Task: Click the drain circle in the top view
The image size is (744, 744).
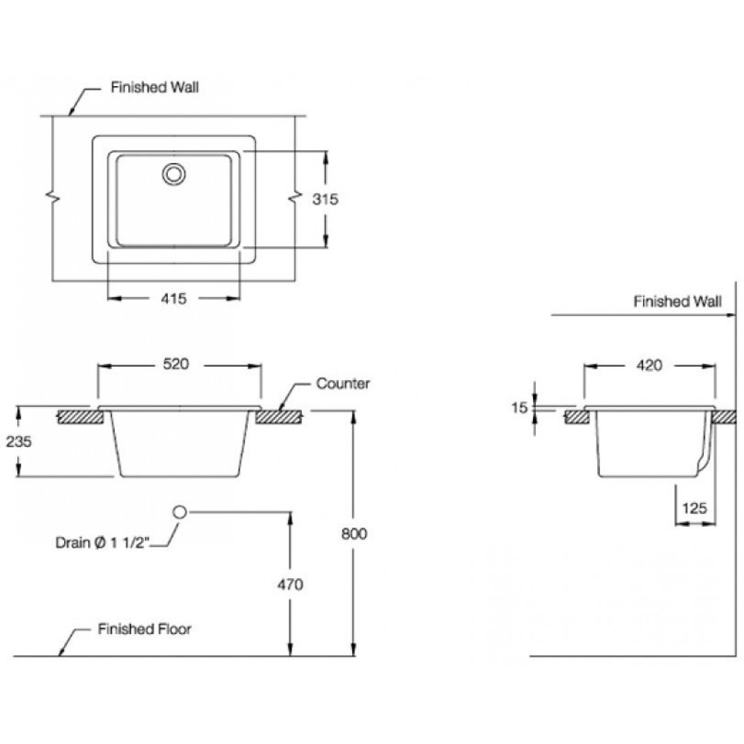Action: pyautogui.click(x=174, y=173)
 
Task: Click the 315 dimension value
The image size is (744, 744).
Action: pyautogui.click(x=326, y=199)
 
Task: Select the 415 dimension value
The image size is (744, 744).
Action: pyautogui.click(x=175, y=298)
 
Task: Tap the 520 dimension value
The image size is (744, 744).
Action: pyautogui.click(x=175, y=365)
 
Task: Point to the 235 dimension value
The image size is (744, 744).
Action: pyautogui.click(x=18, y=442)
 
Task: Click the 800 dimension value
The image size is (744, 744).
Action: pyautogui.click(x=354, y=533)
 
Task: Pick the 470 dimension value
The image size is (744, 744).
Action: pyautogui.click(x=290, y=584)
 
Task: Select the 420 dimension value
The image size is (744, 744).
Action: pyautogui.click(x=649, y=366)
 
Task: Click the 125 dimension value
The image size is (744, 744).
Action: pyautogui.click(x=695, y=508)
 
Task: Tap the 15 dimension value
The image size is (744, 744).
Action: pyautogui.click(x=519, y=408)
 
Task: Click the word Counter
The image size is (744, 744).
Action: pyautogui.click(x=343, y=384)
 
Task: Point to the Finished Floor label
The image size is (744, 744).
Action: pyautogui.click(x=144, y=629)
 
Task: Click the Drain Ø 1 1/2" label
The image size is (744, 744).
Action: pyautogui.click(x=103, y=543)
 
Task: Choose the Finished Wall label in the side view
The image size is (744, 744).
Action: pyautogui.click(x=676, y=302)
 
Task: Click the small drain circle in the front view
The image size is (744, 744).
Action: pyautogui.click(x=180, y=511)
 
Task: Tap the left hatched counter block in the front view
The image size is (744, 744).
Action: pyautogui.click(x=79, y=416)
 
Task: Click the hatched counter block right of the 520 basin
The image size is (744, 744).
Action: pyautogui.click(x=280, y=416)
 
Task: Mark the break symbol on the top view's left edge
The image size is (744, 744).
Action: pyautogui.click(x=53, y=199)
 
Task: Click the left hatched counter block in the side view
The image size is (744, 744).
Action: pyautogui.click(x=577, y=416)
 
